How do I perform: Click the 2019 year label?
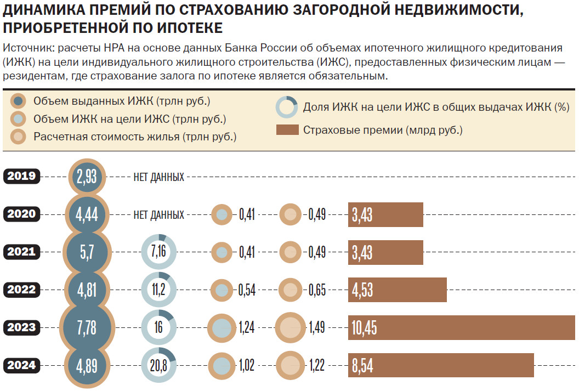[22, 177]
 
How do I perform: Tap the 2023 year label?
[22, 328]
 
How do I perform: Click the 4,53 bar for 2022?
[397, 290]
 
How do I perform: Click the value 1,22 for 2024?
[316, 366]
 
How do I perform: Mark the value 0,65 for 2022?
[316, 290]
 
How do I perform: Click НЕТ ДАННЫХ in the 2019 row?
[158, 177]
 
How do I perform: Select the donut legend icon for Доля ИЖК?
[287, 107]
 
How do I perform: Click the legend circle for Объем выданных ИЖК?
[19, 101]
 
